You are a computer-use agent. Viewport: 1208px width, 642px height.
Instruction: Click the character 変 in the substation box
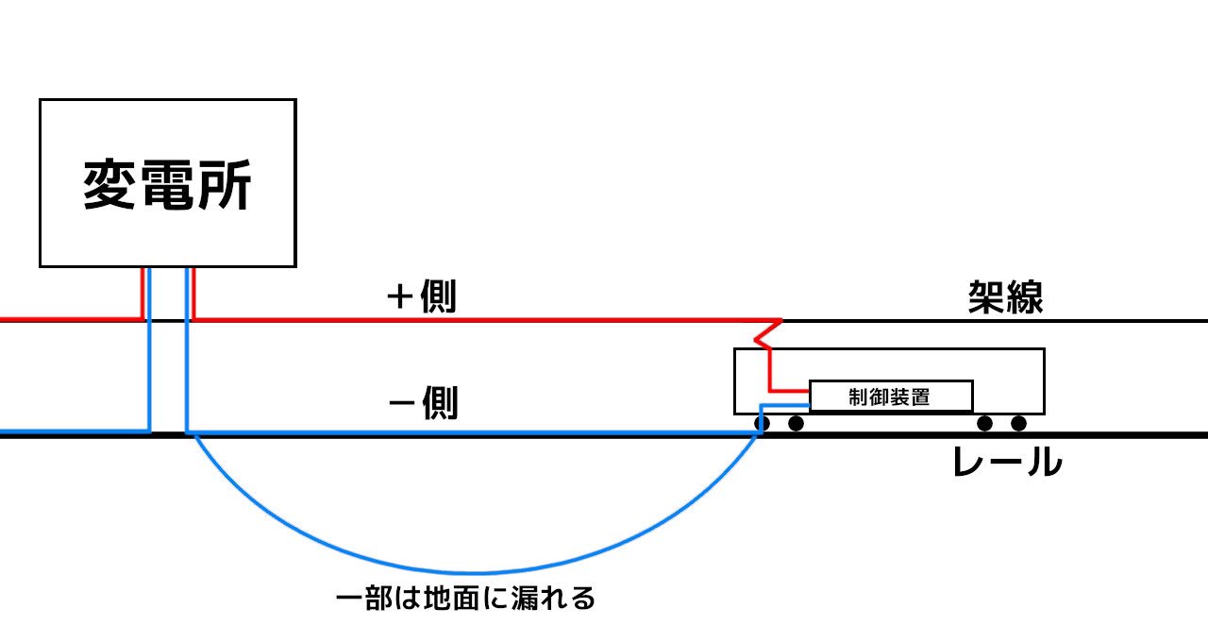point(111,184)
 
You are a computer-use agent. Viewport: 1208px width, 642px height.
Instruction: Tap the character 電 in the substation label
point(167,184)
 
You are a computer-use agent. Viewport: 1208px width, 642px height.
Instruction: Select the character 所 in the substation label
point(224,184)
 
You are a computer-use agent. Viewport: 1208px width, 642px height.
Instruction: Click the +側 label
point(421,297)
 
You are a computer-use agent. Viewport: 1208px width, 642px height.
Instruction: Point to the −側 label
point(423,404)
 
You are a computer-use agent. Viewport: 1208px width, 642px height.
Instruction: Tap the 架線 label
point(1005,298)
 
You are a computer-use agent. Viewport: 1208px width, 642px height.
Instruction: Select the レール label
point(1007,463)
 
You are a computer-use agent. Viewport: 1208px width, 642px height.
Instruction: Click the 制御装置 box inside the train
point(890,397)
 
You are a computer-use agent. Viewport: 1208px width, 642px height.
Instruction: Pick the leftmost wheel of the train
point(763,424)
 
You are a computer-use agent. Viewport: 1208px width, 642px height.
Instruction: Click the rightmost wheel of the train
point(1018,424)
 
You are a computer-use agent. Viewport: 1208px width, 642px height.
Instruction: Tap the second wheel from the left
point(797,424)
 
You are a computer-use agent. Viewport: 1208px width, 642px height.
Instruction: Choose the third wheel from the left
point(985,424)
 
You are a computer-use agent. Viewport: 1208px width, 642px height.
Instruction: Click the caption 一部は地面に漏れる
point(465,599)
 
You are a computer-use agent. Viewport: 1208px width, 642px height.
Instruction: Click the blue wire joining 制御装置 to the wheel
point(783,406)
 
